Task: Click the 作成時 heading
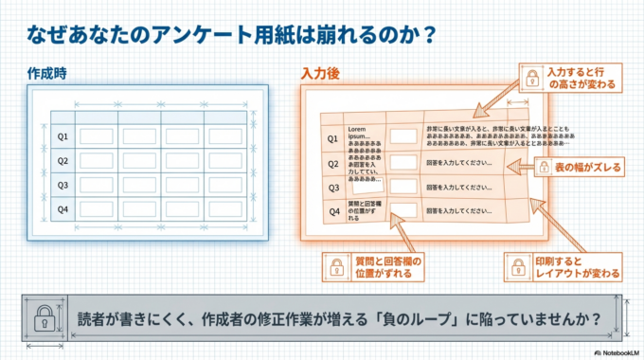pos(45,73)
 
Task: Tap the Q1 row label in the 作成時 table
pos(63,136)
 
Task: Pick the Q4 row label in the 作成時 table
pos(63,208)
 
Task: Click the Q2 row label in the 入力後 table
pos(332,163)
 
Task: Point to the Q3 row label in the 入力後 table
pos(333,188)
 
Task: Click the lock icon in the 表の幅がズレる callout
pos(544,168)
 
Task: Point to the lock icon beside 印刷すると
pos(518,267)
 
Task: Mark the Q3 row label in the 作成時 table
pos(63,185)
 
